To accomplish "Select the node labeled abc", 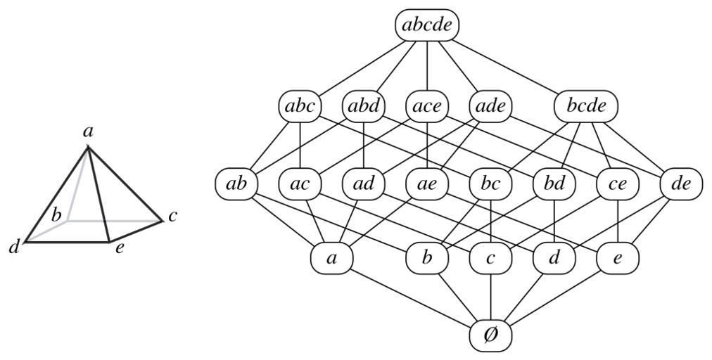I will [x=300, y=107].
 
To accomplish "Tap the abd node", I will [x=364, y=107].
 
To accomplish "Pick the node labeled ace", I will [x=427, y=107].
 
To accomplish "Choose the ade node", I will [x=490, y=107].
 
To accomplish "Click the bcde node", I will [x=586, y=107].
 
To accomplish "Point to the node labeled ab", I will [x=236, y=184].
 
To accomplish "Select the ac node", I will [x=300, y=184].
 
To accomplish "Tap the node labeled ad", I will [x=364, y=184].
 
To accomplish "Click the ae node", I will [x=427, y=184].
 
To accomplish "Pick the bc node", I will [x=490, y=184].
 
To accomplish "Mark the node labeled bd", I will [x=554, y=184].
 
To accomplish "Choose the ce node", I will [x=618, y=184].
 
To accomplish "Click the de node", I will [x=681, y=184].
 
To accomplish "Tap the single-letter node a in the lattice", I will [x=332, y=258].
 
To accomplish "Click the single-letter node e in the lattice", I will [x=618, y=258].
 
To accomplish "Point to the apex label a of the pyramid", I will [x=88, y=131].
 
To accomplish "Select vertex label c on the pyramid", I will [x=172, y=217].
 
